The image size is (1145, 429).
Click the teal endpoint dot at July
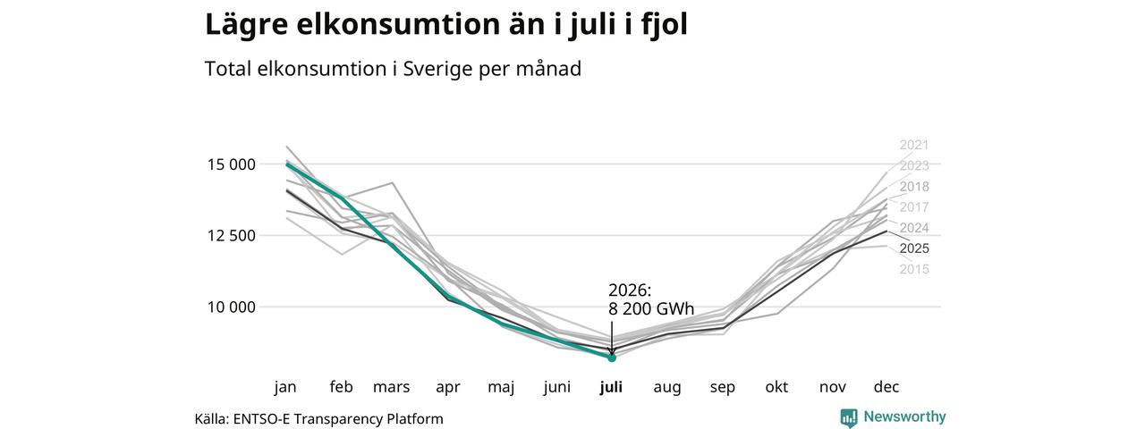click(x=612, y=358)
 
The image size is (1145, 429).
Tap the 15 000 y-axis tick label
click(x=231, y=164)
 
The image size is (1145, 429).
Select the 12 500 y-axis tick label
click(x=231, y=236)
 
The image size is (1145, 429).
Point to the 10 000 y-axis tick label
click(x=231, y=307)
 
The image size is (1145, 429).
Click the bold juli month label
click(x=611, y=387)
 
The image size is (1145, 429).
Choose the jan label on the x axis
click(x=285, y=387)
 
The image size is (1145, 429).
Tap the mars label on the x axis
click(x=391, y=387)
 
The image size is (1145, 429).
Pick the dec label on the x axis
click(x=886, y=387)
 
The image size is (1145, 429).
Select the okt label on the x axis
click(x=776, y=387)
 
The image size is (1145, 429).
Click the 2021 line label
click(x=914, y=145)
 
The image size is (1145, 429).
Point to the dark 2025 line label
click(x=914, y=248)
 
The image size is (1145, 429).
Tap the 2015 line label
click(x=914, y=269)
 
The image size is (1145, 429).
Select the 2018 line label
click(x=914, y=187)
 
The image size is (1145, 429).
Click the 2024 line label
click(x=914, y=228)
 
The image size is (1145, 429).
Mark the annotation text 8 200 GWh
click(x=651, y=309)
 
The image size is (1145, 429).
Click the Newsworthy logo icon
click(x=849, y=417)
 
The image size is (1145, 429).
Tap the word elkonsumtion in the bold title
click(x=396, y=24)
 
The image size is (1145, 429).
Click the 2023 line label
click(x=914, y=166)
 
